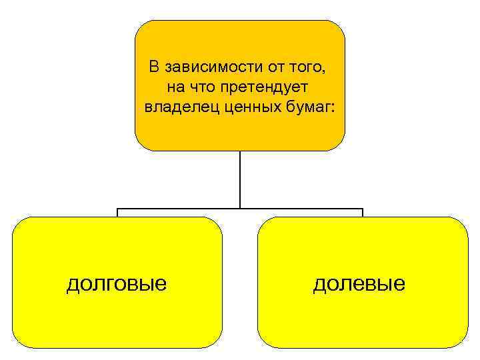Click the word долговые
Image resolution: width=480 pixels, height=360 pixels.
pyautogui.click(x=117, y=284)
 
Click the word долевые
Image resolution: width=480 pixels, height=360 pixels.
pyautogui.click(x=359, y=284)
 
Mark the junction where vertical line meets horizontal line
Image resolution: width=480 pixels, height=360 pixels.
pyautogui.click(x=240, y=209)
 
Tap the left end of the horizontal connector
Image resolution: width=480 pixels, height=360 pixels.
pyautogui.click(x=118, y=209)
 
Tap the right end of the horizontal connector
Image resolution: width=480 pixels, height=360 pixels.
pyautogui.click(x=362, y=209)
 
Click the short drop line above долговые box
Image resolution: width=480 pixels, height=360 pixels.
pyautogui.click(x=117, y=213)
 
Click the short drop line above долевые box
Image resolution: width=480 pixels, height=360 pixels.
pyautogui.click(x=362, y=213)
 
